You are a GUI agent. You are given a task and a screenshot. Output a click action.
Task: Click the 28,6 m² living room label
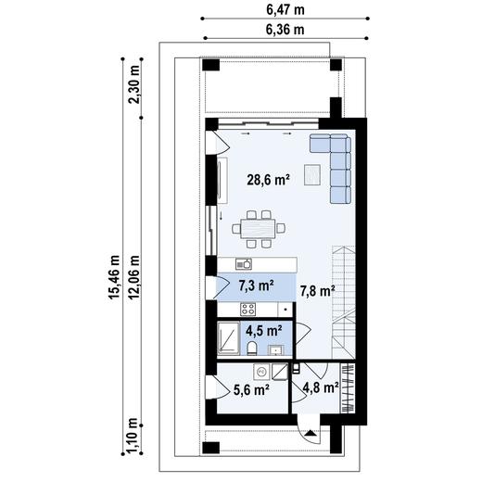click(x=270, y=182)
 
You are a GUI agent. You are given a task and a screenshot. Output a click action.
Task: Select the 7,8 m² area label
click(x=316, y=291)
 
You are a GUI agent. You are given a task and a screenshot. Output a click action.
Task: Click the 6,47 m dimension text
click(x=285, y=9)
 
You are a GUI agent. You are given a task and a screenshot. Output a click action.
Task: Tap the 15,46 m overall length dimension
click(x=116, y=278)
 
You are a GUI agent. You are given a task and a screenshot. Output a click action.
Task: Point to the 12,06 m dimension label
click(x=135, y=278)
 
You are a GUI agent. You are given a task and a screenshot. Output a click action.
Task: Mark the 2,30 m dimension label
click(x=135, y=85)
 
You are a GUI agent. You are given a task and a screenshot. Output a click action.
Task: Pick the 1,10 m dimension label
click(x=135, y=432)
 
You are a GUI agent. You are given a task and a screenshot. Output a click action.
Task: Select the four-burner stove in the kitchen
click(x=248, y=309)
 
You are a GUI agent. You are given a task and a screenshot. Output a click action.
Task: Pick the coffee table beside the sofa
click(x=311, y=172)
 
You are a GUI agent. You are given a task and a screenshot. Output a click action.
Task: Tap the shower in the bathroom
click(x=227, y=337)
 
